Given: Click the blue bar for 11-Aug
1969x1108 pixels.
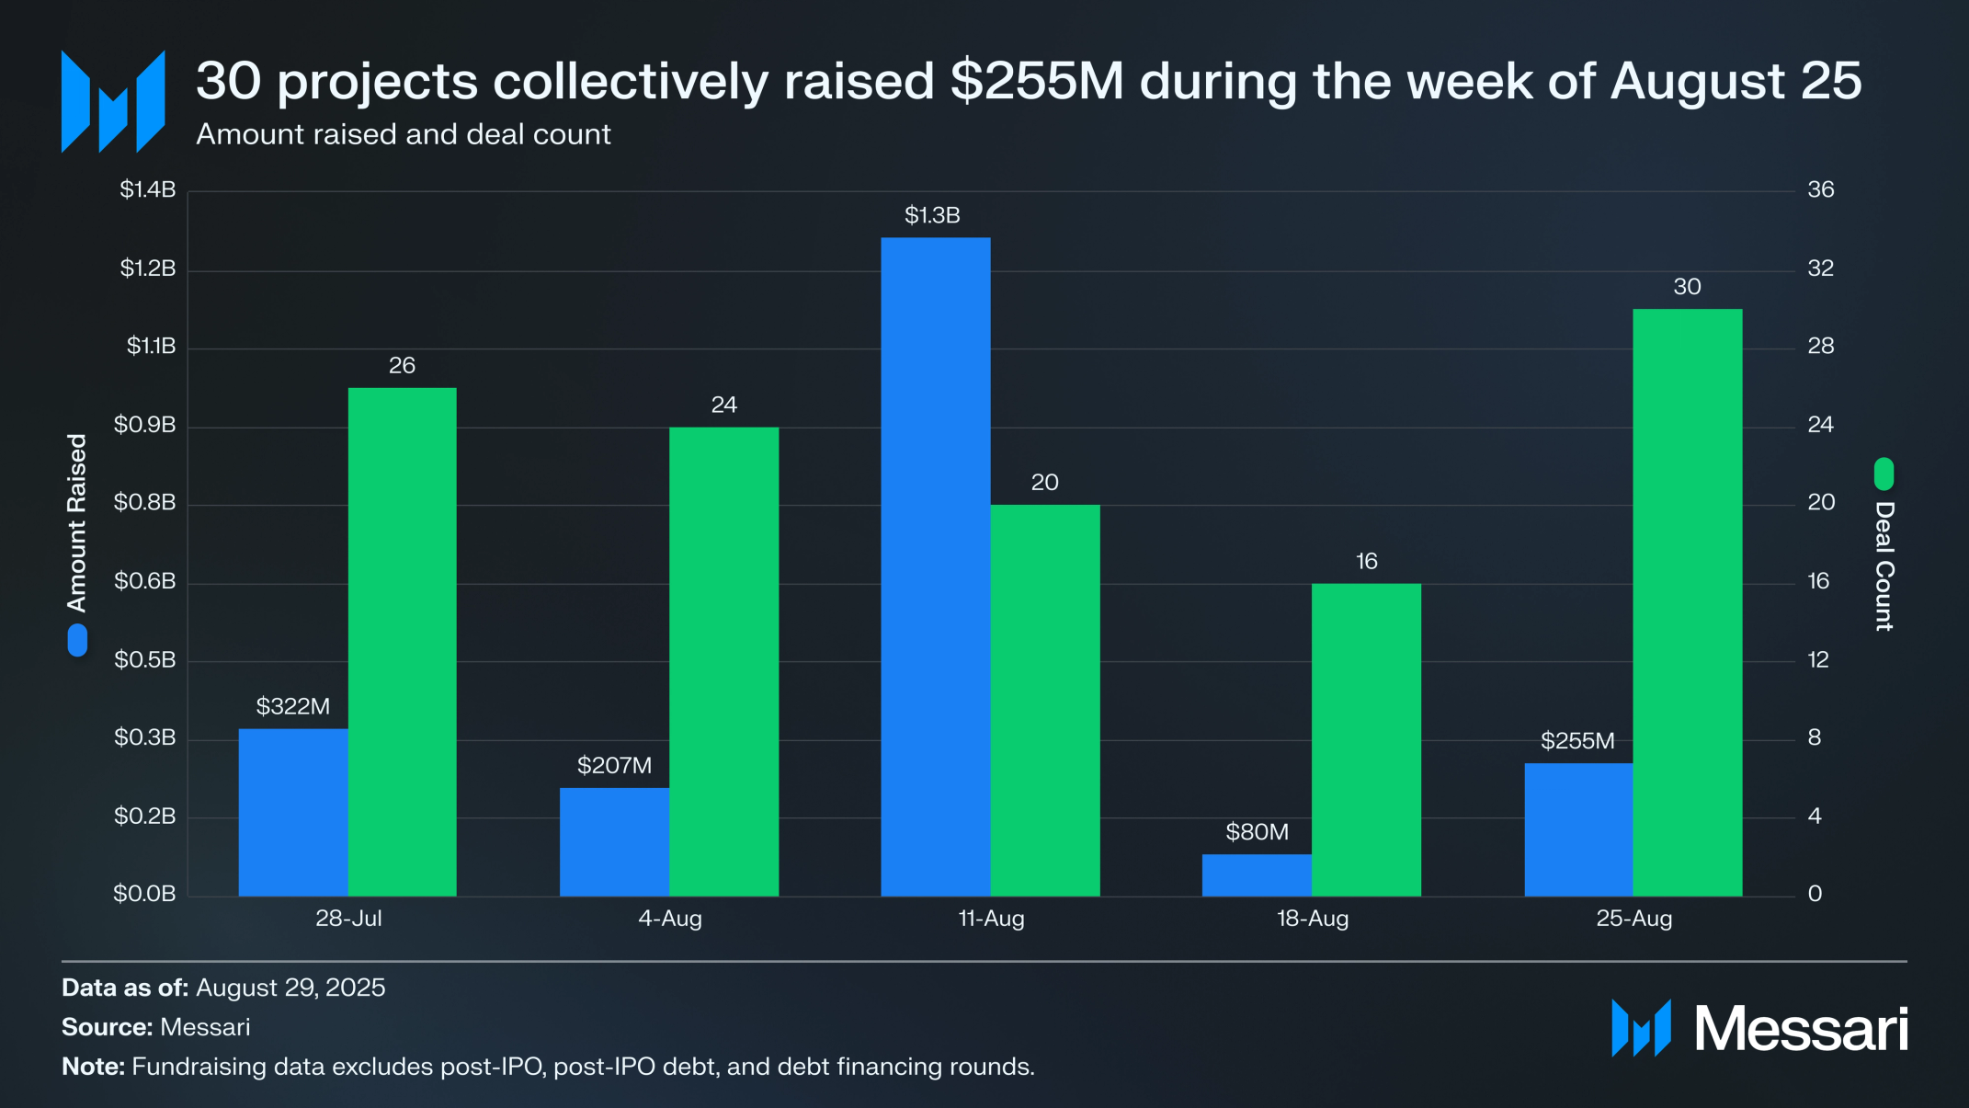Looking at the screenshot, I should (x=935, y=566).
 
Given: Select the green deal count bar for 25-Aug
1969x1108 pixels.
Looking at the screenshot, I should (x=1687, y=602).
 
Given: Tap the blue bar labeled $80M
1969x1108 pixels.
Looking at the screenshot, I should (x=1256, y=874).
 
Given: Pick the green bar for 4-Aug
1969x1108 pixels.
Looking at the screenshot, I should (x=723, y=661).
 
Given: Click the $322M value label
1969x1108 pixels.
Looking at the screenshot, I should (x=292, y=706).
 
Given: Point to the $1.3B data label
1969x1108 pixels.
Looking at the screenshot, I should (x=932, y=215).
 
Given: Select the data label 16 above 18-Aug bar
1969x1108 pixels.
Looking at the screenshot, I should (x=1366, y=561).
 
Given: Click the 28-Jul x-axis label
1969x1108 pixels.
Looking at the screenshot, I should (x=348, y=918).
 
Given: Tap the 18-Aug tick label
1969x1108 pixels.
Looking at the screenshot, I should (x=1312, y=918).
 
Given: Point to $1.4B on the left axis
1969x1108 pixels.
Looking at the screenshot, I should (x=147, y=189).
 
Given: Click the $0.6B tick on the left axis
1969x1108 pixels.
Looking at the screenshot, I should (x=144, y=581).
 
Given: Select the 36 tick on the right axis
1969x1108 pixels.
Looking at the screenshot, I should (x=1820, y=189).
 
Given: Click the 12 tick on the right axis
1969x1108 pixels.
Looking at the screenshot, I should (x=1817, y=659).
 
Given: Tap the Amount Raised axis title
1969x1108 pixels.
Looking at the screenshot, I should (x=76, y=522).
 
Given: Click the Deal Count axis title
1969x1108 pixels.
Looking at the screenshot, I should (x=1884, y=565).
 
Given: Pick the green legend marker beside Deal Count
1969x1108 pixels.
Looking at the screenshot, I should (x=1884, y=474).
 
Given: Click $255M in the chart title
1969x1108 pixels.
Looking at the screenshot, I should (x=1037, y=81).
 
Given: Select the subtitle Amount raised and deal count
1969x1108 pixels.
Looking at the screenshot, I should (x=403, y=134).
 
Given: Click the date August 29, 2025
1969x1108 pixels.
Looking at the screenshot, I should (x=290, y=988).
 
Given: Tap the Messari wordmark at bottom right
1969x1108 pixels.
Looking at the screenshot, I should (x=1800, y=1028).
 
